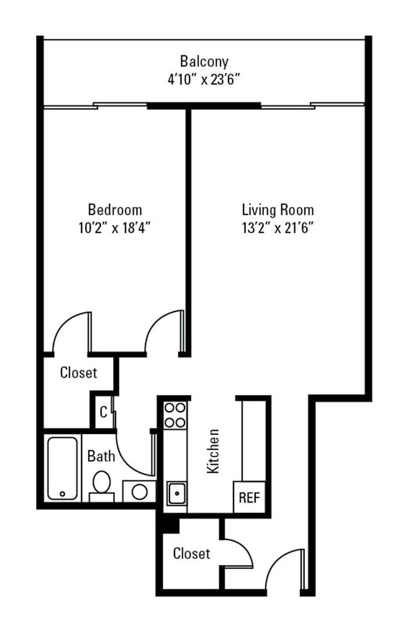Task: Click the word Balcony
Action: click(204, 62)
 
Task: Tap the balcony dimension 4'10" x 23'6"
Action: click(204, 80)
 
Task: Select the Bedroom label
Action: click(114, 209)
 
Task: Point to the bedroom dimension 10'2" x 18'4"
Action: click(114, 227)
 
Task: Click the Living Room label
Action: click(277, 209)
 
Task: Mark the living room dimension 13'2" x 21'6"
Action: click(277, 227)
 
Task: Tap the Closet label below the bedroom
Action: click(78, 373)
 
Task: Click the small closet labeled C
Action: click(102, 412)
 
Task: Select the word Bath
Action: click(100, 455)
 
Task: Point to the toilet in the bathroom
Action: click(102, 484)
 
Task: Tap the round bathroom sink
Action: click(139, 491)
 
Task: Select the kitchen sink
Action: click(176, 493)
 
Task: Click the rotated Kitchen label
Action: click(213, 451)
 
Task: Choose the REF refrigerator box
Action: click(249, 498)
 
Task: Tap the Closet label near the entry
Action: click(191, 553)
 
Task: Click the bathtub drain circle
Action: click(63, 494)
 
